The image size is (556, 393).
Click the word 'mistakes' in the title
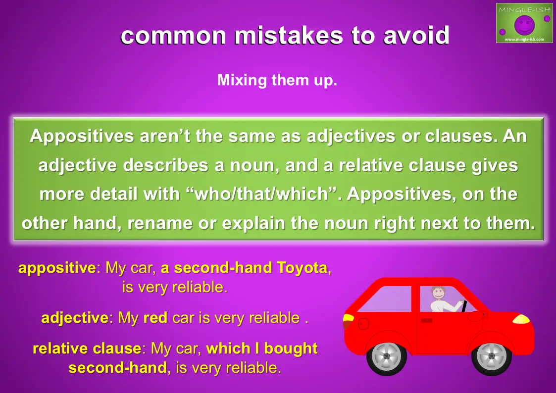click(x=289, y=36)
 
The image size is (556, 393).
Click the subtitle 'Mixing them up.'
click(x=277, y=81)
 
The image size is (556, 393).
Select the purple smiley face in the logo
click(x=524, y=24)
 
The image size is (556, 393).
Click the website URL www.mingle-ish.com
click(x=524, y=39)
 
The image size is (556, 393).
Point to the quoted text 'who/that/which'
click(x=262, y=194)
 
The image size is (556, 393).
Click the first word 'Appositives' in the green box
click(x=82, y=137)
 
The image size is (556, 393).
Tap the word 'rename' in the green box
click(x=160, y=223)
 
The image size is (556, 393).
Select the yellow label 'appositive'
click(x=57, y=268)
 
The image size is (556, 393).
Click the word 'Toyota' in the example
click(x=302, y=268)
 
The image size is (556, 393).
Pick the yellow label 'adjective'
click(x=75, y=318)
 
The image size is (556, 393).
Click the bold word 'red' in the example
click(x=155, y=318)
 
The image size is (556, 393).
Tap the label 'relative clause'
click(x=87, y=349)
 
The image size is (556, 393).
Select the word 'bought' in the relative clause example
click(x=291, y=349)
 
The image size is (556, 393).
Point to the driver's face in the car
click(x=438, y=293)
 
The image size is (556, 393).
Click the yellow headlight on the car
click(x=521, y=319)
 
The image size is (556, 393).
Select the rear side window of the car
click(x=385, y=299)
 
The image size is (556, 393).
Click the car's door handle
click(x=426, y=320)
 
